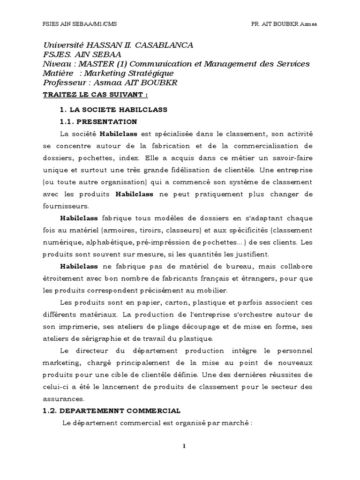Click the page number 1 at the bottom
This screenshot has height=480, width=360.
[185, 446]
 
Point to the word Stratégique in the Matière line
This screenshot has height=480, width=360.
[152, 73]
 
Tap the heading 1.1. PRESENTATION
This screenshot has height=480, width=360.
[98, 122]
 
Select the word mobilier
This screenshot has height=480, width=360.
[212, 290]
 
